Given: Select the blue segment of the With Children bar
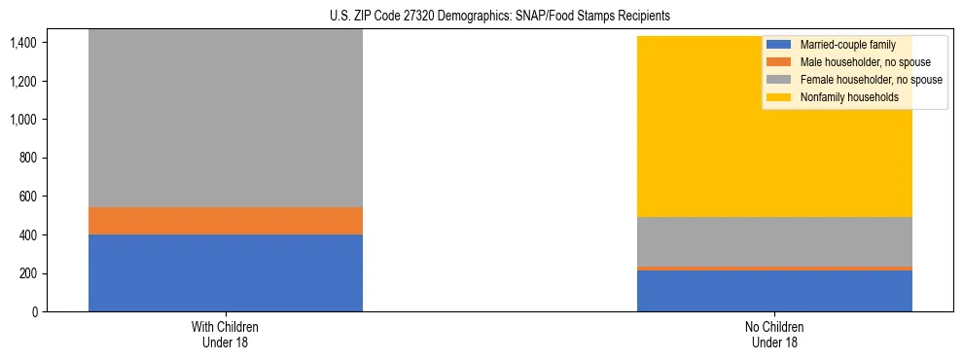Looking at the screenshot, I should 226,272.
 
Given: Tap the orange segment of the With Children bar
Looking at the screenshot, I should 226,221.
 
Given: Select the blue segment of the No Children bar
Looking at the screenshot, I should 774,291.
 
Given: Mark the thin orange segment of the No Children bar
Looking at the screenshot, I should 774,268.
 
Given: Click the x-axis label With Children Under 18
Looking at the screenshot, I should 226,334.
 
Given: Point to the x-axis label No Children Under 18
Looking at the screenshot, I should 774,334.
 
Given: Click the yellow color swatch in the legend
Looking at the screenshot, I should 779,97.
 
